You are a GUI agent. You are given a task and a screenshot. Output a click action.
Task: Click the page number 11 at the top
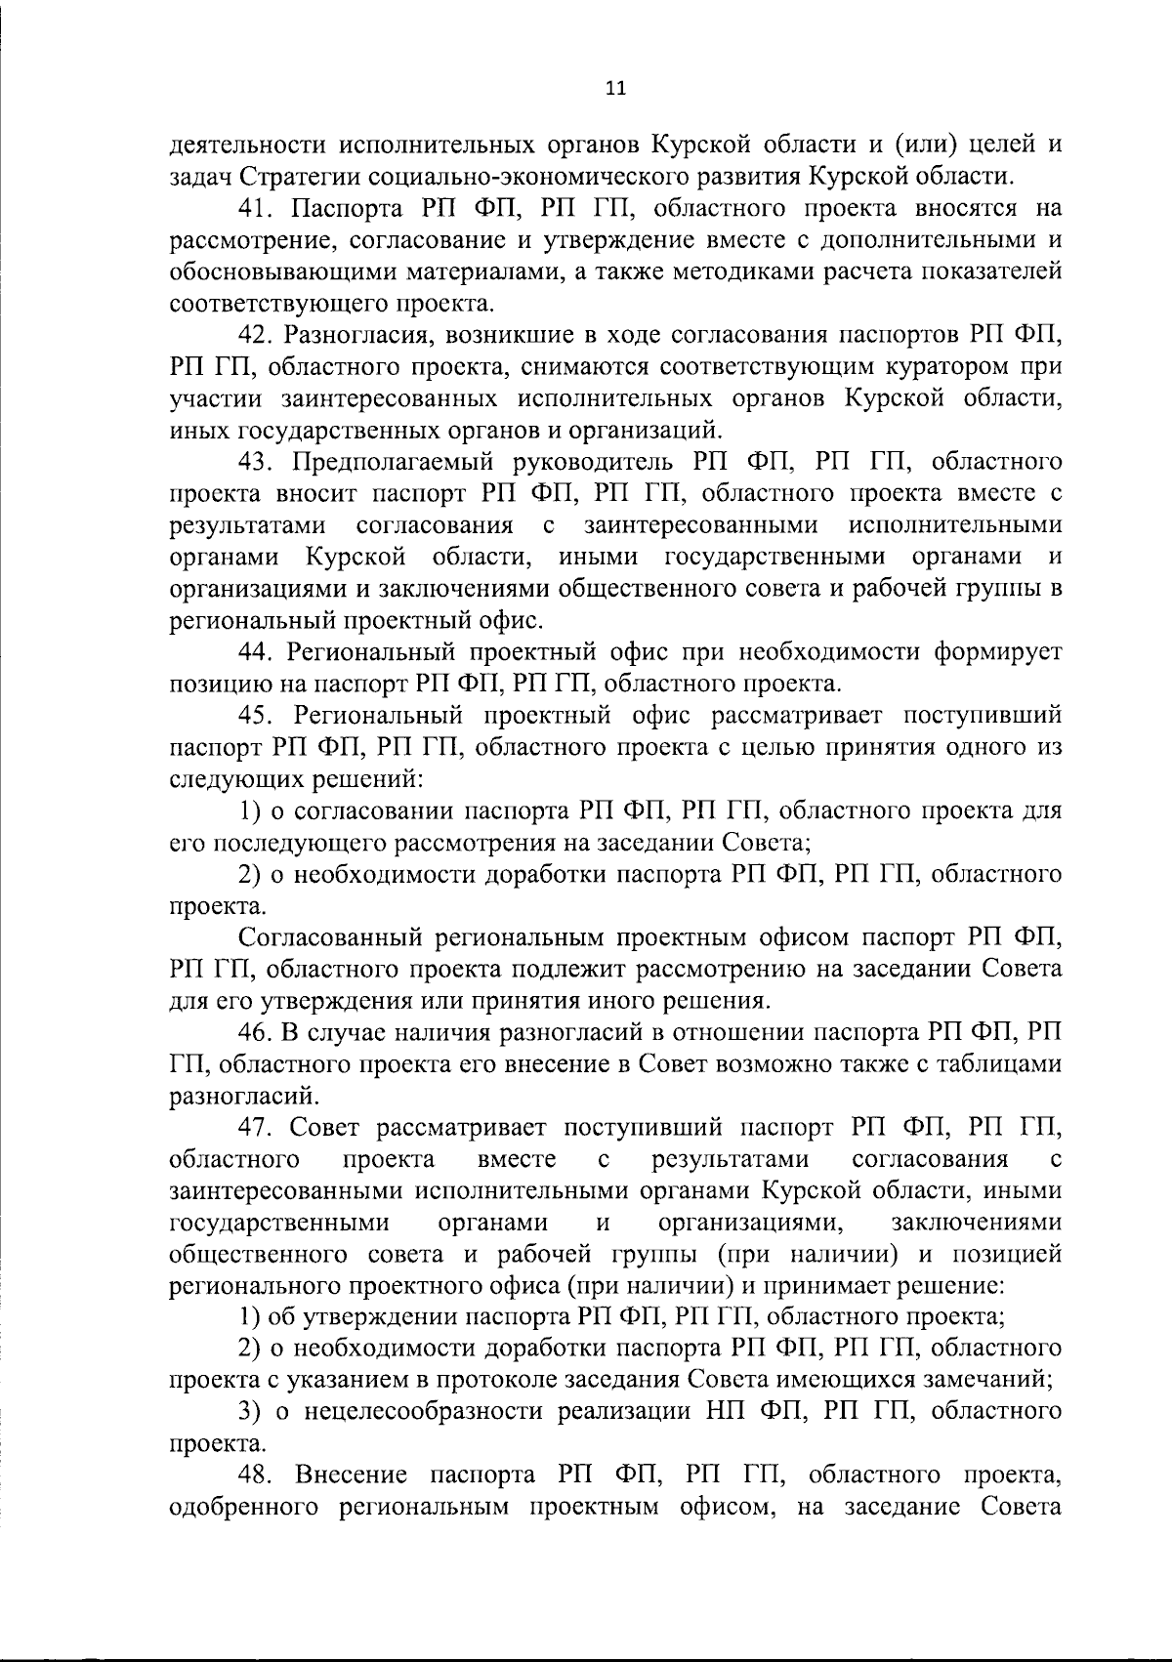click(614, 89)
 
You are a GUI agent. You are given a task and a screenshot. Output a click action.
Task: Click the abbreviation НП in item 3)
click(722, 1412)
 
